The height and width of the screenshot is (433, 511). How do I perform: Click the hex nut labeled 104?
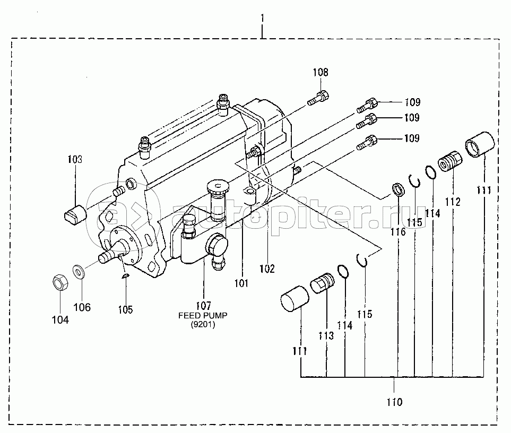click(60, 282)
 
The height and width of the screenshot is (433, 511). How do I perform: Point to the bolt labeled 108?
click(318, 98)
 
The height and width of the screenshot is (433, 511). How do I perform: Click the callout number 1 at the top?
click(262, 18)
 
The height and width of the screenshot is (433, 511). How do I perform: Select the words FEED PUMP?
click(203, 315)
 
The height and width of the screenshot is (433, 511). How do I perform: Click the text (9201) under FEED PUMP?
click(203, 325)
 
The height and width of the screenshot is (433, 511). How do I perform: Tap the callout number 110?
click(394, 402)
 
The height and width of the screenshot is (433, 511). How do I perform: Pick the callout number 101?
click(241, 283)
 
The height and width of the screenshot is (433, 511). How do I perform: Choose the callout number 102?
click(267, 269)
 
